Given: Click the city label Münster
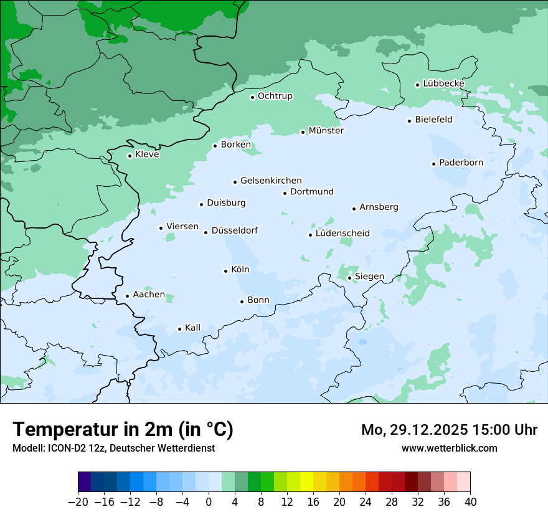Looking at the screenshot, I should point(326,131).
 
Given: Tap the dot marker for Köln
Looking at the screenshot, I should point(225,271).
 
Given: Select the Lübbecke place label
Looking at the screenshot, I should point(443,83).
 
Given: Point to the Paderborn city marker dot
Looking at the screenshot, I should point(433,164).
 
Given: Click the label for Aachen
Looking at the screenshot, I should point(149,295).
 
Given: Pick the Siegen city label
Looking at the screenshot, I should point(369,277).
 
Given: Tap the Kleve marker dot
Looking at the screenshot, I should point(130,156).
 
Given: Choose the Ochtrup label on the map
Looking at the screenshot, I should point(275,96).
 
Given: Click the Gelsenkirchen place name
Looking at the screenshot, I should point(271,181).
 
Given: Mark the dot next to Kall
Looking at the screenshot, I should point(179,329).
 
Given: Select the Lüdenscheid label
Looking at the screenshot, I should point(342,234).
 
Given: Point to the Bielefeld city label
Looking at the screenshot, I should point(433,119).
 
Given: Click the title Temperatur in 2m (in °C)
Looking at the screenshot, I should point(123,430).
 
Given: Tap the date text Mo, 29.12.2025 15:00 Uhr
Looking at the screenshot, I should point(449,430).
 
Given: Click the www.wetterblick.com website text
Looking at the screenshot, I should point(449,448).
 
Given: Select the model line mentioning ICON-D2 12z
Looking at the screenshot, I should point(113,448).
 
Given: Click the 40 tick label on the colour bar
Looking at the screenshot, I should point(470,502).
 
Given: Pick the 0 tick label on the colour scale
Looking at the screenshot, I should point(209,502).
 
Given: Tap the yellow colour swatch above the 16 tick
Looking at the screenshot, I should point(306,482).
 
